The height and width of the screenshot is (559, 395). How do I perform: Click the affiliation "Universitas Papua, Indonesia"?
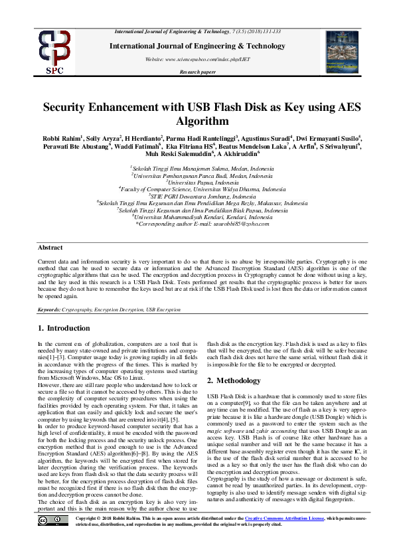(x=199, y=182)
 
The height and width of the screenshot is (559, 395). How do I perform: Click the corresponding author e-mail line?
(x=198, y=224)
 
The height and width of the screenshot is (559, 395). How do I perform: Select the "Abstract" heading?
(x=50, y=247)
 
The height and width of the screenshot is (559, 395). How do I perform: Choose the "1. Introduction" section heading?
(x=64, y=328)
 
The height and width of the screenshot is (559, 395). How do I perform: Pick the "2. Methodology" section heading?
(x=235, y=380)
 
